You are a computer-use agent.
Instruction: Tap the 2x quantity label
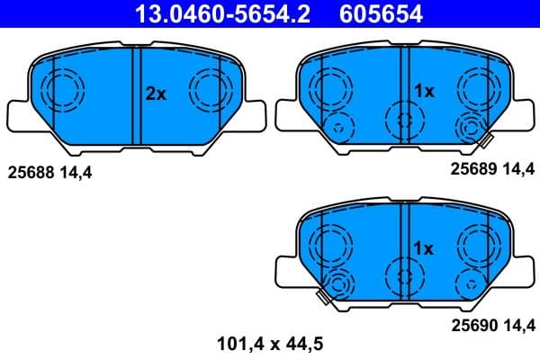point(157,93)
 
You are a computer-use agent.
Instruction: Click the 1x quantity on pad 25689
point(423,91)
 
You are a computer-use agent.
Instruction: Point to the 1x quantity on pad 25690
point(423,247)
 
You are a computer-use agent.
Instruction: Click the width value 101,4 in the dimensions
point(237,342)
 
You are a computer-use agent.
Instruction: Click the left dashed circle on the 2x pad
point(63,89)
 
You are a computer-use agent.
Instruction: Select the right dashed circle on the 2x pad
point(209,89)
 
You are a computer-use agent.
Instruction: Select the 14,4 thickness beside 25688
point(77,170)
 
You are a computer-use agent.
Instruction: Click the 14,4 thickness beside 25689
point(518,169)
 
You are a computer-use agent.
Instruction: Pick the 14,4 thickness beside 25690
point(518,325)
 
